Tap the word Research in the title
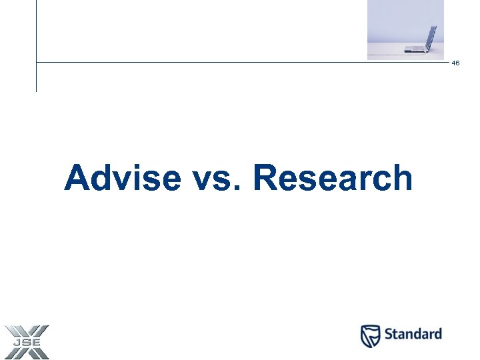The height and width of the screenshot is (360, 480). pyautogui.click(x=333, y=179)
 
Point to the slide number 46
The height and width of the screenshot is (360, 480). pyautogui.click(x=455, y=63)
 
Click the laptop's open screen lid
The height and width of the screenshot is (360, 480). pyautogui.click(x=431, y=37)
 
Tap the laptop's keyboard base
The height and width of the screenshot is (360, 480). pyautogui.click(x=416, y=49)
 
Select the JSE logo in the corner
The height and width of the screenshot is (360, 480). pyautogui.click(x=26, y=341)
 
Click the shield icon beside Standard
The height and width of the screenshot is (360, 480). pyautogui.click(x=371, y=335)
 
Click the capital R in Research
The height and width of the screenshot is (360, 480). pyautogui.click(x=267, y=179)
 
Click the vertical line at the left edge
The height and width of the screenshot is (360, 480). pyautogui.click(x=36, y=47)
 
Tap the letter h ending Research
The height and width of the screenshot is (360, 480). pyautogui.click(x=401, y=179)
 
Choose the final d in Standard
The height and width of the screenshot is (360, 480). pyautogui.click(x=437, y=333)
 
